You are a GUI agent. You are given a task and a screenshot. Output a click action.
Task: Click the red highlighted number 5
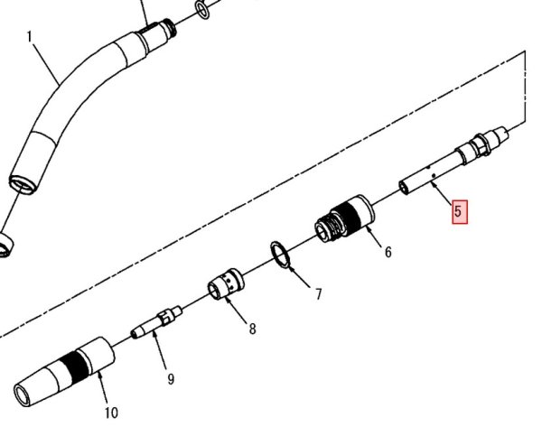[x=460, y=212]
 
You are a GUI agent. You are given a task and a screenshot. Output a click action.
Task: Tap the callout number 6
[x=388, y=252]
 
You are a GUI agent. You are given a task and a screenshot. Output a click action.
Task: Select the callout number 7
[x=318, y=294]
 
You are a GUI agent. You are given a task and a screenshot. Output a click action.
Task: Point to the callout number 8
[x=253, y=329]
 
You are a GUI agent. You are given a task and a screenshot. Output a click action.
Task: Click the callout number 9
[x=171, y=379]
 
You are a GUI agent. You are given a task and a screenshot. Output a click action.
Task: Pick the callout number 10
[x=111, y=413]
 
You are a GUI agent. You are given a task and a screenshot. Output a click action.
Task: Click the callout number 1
[x=30, y=37]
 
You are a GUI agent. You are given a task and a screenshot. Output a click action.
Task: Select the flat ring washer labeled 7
[x=280, y=255]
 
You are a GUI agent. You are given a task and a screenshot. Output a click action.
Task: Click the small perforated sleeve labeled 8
[x=227, y=284]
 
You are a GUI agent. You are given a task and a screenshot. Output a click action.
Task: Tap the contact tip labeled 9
[x=156, y=322]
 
